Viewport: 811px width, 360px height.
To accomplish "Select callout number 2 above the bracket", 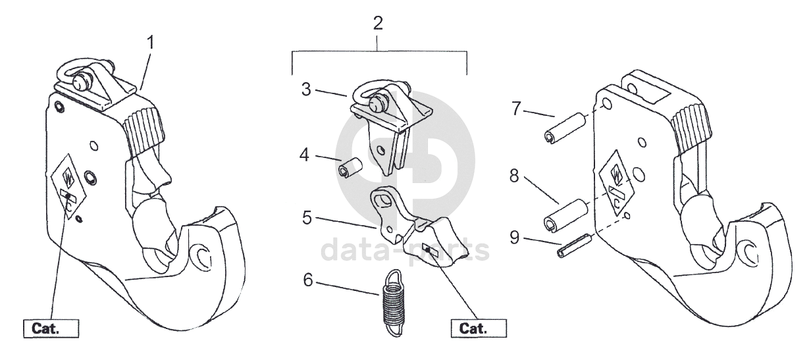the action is (377, 24).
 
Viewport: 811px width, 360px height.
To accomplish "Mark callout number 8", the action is (515, 176).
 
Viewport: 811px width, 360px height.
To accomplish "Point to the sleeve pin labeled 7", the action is (565, 129).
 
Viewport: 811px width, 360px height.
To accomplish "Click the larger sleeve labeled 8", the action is (569, 215).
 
